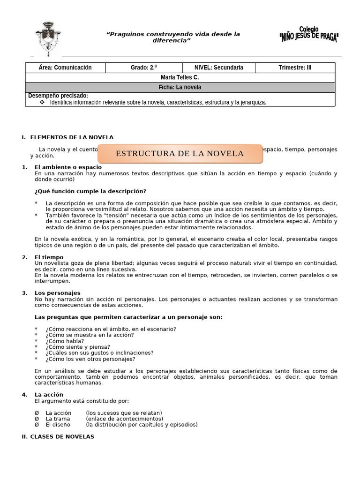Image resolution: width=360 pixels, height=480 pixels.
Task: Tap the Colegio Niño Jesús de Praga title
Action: [x=308, y=34]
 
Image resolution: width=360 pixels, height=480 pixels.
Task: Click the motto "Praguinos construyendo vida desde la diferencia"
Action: [x=173, y=37]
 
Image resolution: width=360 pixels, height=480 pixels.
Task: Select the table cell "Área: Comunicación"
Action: [x=65, y=67]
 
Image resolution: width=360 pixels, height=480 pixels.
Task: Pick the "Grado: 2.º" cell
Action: [x=143, y=67]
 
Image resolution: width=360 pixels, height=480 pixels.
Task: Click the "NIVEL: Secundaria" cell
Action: [x=219, y=67]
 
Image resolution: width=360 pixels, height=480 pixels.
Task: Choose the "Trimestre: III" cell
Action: [x=294, y=67]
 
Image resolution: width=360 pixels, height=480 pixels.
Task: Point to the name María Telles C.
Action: [x=180, y=77]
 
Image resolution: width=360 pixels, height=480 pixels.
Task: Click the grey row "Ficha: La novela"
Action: [x=180, y=87]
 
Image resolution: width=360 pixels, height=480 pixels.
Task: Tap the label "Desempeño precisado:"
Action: [x=58, y=96]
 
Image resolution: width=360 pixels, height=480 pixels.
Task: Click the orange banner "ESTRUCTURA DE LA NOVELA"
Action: [x=180, y=154]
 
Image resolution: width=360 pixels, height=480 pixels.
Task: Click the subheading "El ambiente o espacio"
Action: [x=68, y=167]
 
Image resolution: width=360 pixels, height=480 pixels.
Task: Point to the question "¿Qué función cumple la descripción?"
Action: [x=90, y=191]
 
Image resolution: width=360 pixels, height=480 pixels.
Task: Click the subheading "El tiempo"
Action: [x=49, y=257]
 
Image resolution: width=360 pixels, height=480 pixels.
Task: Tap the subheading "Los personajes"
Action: [x=58, y=293]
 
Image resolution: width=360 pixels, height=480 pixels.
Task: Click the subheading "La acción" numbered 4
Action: [x=49, y=394]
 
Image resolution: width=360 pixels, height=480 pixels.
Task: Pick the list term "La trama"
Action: [x=58, y=419]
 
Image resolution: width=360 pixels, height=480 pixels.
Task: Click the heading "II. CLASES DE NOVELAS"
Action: [x=58, y=436]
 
